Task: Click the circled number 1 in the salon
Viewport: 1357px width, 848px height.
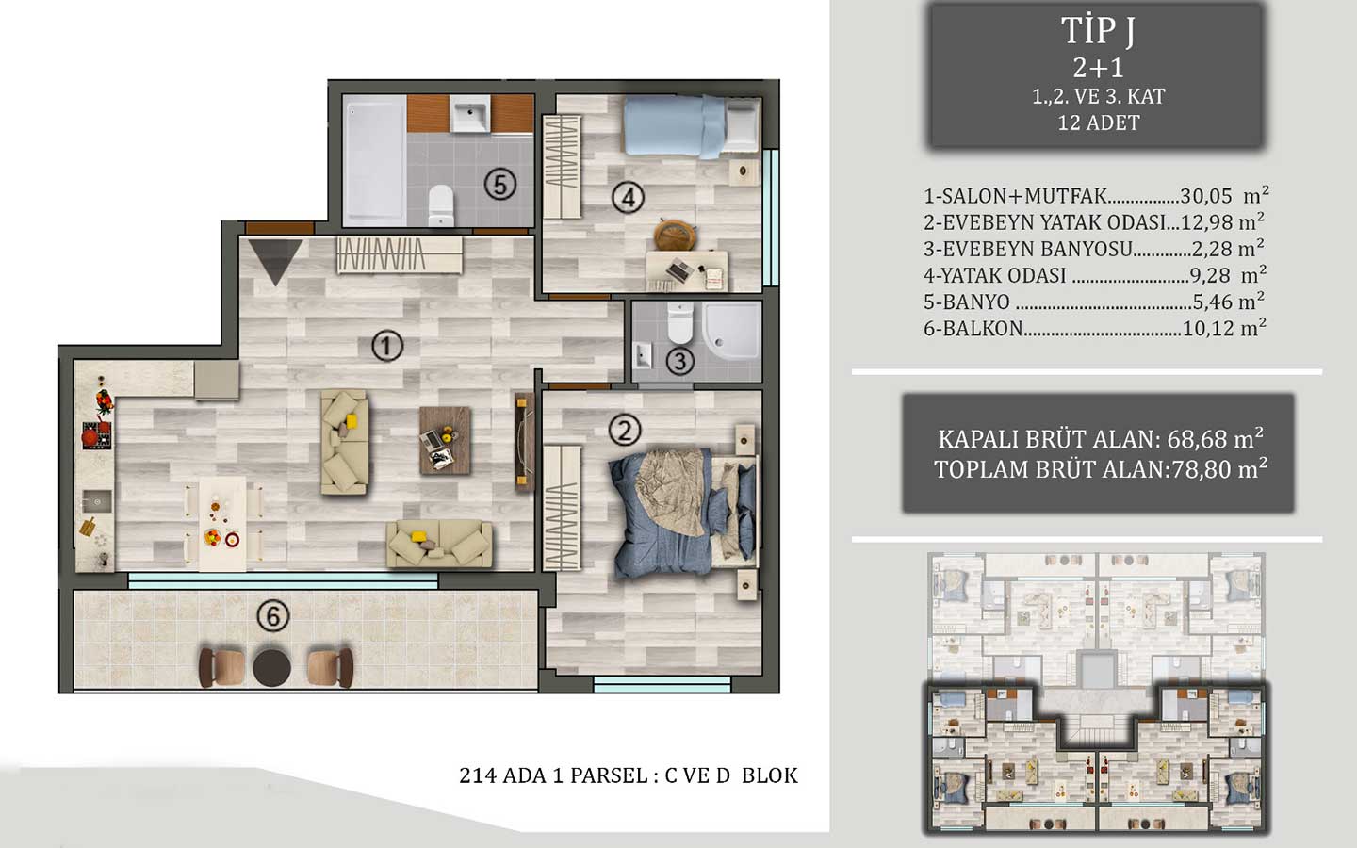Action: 385,346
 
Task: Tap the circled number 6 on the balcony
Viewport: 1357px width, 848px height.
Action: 272,616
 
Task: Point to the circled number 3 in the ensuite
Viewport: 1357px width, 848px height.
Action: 679,360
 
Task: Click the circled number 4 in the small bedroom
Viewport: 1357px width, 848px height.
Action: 628,198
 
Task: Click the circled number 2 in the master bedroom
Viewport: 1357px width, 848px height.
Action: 624,431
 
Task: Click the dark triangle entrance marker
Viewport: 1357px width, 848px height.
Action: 274,260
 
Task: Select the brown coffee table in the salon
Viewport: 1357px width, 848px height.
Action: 445,439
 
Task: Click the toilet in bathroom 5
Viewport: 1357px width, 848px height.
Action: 440,204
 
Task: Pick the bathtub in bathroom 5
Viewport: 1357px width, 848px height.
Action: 373,159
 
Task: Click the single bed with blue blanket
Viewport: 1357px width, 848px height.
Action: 691,125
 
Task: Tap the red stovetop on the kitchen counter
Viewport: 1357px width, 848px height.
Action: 96,435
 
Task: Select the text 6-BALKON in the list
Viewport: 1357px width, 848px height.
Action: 973,329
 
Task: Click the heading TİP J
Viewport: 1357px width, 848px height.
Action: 1098,32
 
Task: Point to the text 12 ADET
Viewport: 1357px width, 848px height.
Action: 1098,122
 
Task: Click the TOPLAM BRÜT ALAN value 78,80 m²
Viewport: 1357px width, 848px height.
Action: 1218,469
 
